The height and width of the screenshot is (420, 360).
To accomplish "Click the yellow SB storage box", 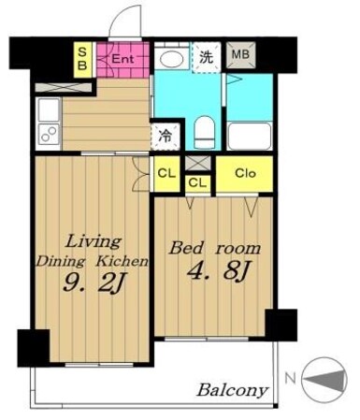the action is point(82,60).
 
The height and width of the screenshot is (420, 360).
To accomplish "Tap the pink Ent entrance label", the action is point(122,59).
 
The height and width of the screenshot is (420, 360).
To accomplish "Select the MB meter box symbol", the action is point(240,55).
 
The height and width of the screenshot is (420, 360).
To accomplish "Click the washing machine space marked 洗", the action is point(207,57).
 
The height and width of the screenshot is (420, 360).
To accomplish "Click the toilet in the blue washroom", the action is point(204,133).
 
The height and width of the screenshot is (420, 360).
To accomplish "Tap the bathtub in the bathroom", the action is point(250,136).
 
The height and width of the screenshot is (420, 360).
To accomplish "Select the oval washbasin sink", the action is point(172,58).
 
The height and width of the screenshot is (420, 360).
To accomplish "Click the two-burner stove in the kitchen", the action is point(49,134).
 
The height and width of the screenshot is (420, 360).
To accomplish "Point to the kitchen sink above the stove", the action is point(49,109).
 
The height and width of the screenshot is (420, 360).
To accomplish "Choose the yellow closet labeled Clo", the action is point(245,174).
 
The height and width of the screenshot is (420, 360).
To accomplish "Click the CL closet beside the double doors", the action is point(167,174).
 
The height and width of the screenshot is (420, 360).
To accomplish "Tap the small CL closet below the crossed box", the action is point(197,183).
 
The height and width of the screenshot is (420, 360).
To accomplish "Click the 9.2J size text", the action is point(94,282).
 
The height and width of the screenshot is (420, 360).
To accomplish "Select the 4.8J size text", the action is point(218,270).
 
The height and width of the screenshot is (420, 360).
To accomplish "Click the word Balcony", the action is point(233,390).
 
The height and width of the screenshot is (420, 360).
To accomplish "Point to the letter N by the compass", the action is point(290,379).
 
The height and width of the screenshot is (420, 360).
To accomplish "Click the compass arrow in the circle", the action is point(325,380).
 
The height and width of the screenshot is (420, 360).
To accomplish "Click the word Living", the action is point(94,241).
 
